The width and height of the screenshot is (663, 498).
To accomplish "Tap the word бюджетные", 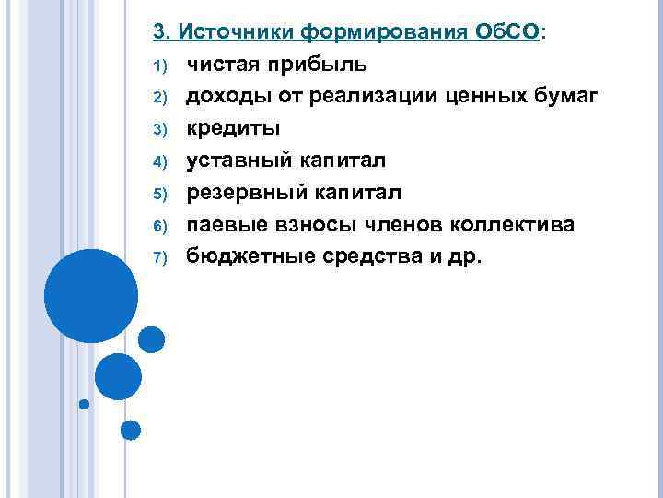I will tap(241, 256).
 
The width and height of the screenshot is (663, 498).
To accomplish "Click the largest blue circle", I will tap(91, 296).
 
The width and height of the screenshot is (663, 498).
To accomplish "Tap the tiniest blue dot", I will tap(85, 404).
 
